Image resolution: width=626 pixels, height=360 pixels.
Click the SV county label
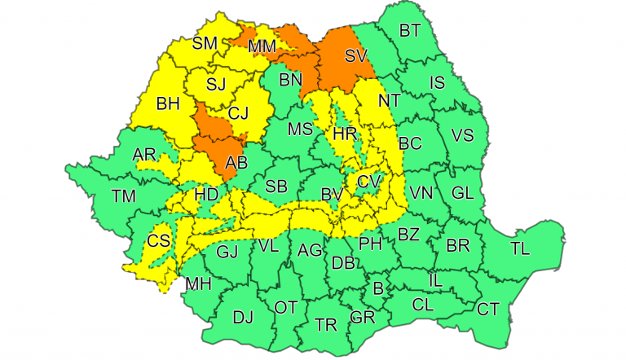[x=355, y=56]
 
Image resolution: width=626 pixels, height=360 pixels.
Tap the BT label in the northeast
[x=410, y=31]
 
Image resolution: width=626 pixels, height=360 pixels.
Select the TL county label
[x=519, y=248]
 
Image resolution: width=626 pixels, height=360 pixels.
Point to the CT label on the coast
[x=487, y=309]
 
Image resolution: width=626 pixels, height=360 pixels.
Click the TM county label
[x=125, y=195]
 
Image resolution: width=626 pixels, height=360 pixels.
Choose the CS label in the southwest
[x=159, y=241]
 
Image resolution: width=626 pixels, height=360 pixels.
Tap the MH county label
[x=198, y=284]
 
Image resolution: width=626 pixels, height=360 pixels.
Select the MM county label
[x=262, y=47]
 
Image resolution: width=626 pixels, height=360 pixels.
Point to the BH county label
[x=168, y=103]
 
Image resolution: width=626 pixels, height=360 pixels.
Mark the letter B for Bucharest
[x=377, y=288]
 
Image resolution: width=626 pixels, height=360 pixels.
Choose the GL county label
[x=462, y=193]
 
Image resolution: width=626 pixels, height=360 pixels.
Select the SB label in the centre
[x=276, y=187]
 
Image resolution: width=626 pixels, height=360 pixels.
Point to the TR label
[x=326, y=324]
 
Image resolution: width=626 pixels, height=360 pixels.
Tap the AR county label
[x=144, y=155]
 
